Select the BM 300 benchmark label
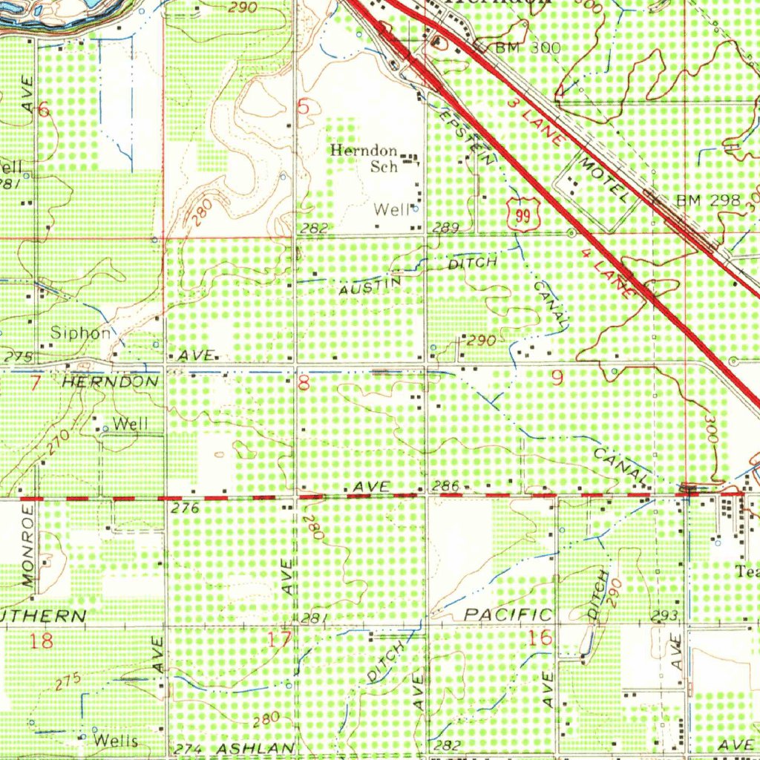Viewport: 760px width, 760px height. [527, 48]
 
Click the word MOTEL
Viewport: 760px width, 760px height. [605, 180]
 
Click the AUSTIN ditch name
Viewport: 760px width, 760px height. [370, 286]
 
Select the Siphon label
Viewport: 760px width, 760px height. [80, 333]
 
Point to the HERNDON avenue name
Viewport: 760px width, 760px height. [110, 381]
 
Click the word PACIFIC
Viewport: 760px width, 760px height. [508, 615]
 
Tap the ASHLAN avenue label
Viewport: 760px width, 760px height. [252, 748]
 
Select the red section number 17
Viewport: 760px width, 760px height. [281, 639]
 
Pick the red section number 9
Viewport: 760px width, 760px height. [557, 379]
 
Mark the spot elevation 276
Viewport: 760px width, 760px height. [186, 508]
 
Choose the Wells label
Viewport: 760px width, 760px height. [117, 741]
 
